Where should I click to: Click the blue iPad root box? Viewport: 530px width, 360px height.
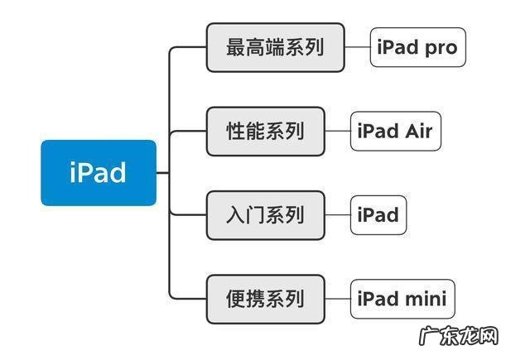pos(98,172)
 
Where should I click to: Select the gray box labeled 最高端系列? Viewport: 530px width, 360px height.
pos(275,47)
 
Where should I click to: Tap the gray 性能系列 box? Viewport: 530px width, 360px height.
pos(265,131)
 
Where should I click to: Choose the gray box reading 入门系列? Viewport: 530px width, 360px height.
pos(265,215)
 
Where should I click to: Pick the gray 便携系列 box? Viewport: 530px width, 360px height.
pos(265,299)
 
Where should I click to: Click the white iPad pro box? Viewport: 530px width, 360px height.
pos(417,47)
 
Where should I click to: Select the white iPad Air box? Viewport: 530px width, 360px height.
pos(395,131)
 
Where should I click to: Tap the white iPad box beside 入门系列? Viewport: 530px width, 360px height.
pos(378,215)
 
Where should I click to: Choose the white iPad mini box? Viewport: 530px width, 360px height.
pos(402,299)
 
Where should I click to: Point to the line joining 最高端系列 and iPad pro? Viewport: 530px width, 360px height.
pos(357,47)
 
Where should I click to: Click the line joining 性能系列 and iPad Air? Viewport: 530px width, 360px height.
pos(337,131)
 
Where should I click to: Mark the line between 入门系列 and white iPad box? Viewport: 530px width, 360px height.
pos(337,215)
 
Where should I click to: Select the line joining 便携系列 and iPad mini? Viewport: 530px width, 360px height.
pos(337,299)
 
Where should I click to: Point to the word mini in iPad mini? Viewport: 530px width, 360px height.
pos(426,299)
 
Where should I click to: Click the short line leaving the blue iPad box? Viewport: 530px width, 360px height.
pos(162,173)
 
